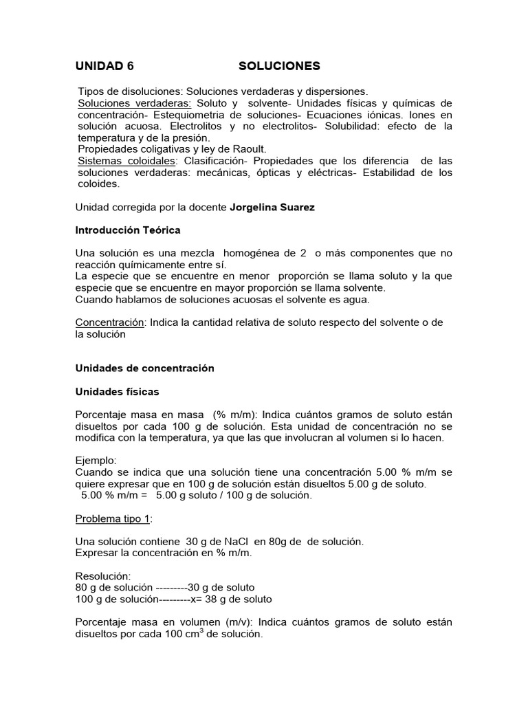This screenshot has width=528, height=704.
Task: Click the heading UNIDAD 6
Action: click(x=104, y=67)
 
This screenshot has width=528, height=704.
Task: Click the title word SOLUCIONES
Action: click(x=279, y=67)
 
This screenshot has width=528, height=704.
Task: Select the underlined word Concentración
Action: click(x=109, y=322)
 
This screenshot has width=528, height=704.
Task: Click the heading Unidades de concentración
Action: click(x=144, y=368)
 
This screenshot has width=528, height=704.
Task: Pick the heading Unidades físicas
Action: click(x=117, y=391)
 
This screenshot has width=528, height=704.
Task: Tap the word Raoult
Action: click(x=250, y=148)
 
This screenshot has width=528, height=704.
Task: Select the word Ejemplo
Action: click(x=96, y=461)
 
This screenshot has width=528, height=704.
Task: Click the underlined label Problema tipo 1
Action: click(x=113, y=518)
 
